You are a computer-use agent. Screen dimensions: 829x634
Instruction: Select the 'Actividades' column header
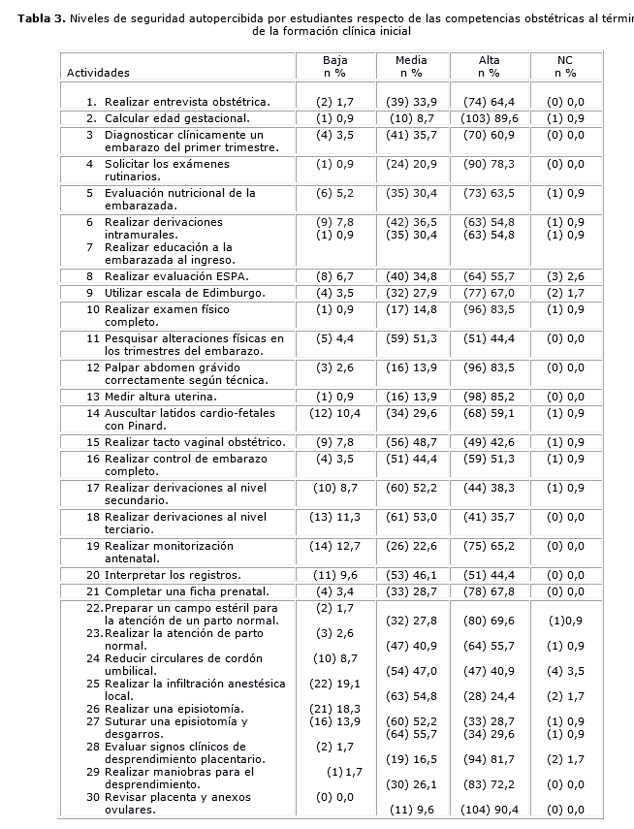98,73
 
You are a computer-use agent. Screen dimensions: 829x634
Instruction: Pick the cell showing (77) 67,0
489,292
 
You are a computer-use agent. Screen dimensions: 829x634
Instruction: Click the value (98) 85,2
489,397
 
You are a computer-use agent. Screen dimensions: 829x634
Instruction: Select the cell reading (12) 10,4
334,414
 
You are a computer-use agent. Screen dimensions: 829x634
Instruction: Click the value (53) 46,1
411,575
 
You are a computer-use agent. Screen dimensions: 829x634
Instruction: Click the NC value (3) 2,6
566,275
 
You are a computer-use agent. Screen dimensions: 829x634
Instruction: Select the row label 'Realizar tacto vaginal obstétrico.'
195,442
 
